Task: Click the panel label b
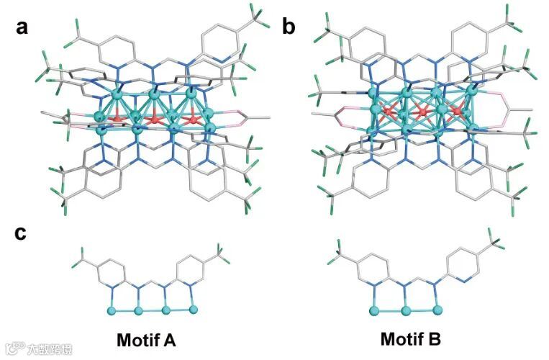289,27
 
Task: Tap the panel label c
22,234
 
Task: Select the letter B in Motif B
433,339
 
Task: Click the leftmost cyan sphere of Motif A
112,310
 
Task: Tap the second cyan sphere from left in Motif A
138,310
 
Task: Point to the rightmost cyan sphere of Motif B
438,310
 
